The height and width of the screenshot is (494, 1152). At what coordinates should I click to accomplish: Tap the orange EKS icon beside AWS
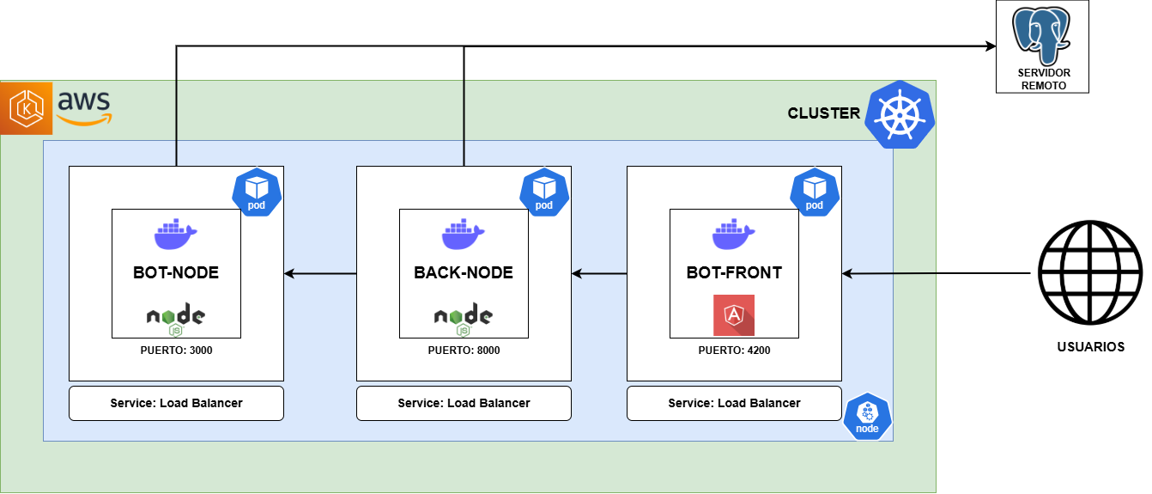[x=27, y=108]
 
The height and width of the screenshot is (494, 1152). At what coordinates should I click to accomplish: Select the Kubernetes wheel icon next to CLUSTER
[x=899, y=113]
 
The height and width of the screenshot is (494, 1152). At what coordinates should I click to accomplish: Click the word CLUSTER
[x=823, y=113]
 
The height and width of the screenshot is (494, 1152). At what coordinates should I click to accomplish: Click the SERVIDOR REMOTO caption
[x=1043, y=79]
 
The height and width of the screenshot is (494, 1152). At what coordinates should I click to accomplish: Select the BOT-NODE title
[x=176, y=273]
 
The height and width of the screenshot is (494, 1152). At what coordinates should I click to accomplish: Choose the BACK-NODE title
[x=464, y=273]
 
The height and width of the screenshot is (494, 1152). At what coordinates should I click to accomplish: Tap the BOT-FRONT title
[x=734, y=273]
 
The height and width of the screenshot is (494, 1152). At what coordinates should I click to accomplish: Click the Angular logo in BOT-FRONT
[x=734, y=315]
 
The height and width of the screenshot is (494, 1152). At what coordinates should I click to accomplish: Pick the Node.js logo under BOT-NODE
[x=176, y=319]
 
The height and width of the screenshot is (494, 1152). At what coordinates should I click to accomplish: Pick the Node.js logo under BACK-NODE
[x=464, y=319]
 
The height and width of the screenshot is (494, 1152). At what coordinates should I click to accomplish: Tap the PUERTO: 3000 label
[x=176, y=351]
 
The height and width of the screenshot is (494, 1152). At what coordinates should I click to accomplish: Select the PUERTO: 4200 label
[x=734, y=351]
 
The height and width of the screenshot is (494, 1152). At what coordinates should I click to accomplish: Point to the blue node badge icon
[x=867, y=417]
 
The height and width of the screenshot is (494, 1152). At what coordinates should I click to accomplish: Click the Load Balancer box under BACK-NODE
[x=464, y=403]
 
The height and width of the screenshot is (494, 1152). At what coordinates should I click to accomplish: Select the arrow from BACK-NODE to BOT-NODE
[x=320, y=274]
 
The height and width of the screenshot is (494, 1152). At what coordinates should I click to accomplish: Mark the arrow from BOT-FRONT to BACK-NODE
[x=599, y=274]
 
